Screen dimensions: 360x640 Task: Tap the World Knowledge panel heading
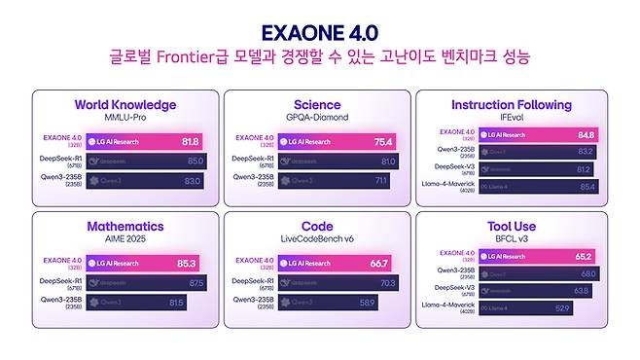(125, 105)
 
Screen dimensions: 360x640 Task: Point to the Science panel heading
(317, 105)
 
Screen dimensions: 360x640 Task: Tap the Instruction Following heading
(511, 104)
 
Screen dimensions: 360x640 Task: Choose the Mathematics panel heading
(125, 226)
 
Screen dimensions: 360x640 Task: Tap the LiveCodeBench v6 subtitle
(317, 237)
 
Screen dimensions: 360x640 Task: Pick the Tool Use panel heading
(511, 226)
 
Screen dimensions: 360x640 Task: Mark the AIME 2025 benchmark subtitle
(125, 237)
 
